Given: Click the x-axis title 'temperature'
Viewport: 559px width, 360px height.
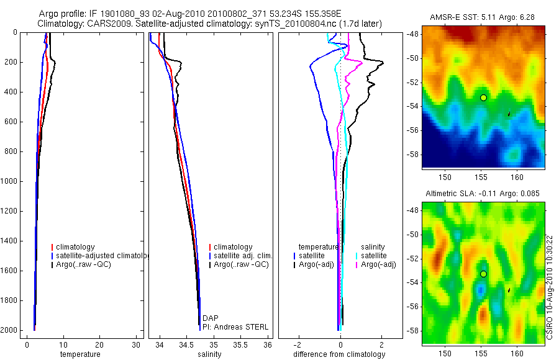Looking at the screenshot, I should (80, 354).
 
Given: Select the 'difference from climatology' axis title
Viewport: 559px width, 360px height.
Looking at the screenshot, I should (339, 354).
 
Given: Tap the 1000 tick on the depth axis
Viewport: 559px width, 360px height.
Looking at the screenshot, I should (10, 181).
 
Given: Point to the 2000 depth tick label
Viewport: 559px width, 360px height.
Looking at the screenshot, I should (10, 330).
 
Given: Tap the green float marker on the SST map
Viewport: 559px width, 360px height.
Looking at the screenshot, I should (483, 97).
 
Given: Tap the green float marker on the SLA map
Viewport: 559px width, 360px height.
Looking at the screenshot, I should (483, 274).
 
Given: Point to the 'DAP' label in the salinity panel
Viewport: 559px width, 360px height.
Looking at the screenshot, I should (210, 318).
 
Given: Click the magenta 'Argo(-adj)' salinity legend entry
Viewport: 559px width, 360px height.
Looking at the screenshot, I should (378, 264).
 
